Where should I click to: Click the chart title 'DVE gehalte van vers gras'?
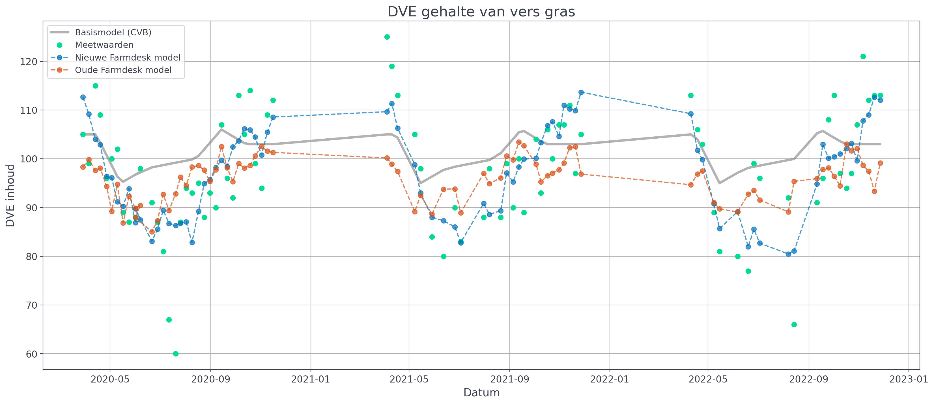coord(481,12)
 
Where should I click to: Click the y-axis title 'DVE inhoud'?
coord(10,195)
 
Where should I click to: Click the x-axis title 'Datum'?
coord(481,393)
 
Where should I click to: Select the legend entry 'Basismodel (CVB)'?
coord(113,32)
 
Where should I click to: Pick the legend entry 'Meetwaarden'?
coord(104,45)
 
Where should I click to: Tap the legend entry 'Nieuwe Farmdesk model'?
coord(127,58)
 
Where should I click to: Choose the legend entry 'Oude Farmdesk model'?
coord(123,70)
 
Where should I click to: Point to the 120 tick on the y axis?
coord(29,62)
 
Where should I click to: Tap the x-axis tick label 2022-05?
coord(708,379)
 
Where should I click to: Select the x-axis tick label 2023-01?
coord(908,379)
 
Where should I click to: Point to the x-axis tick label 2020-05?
coord(110,379)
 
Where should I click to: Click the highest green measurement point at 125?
coord(387,37)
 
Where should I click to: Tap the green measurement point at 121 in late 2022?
coord(863,57)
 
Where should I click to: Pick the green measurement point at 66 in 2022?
coord(794,325)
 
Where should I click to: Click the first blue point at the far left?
coord(83,97)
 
